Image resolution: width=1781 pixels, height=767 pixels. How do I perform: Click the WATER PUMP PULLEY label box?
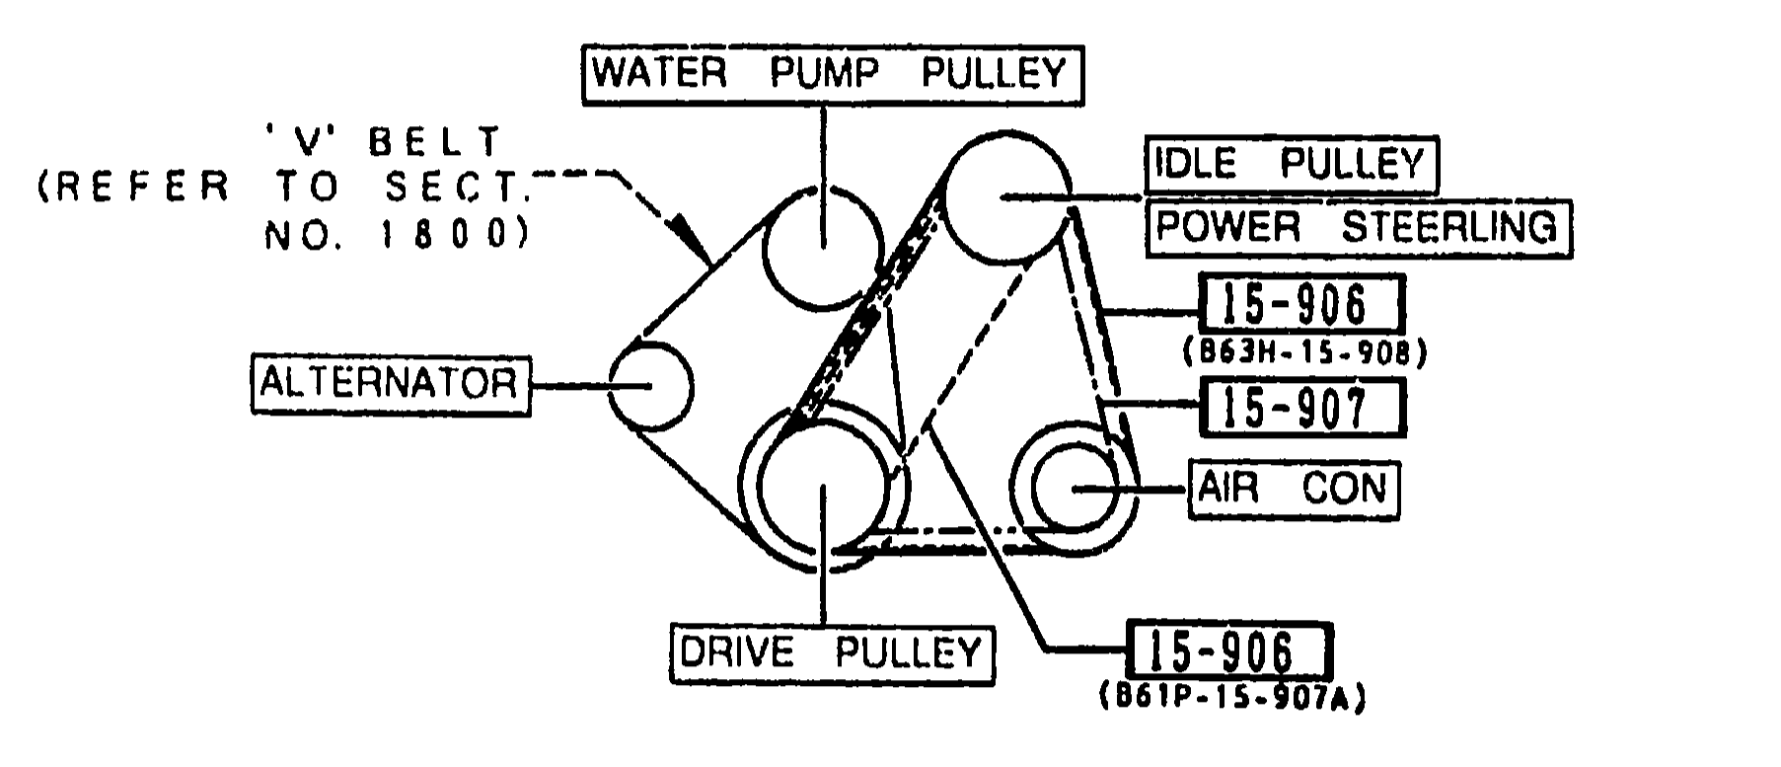click(x=831, y=74)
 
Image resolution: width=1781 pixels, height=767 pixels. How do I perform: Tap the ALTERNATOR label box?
click(x=390, y=383)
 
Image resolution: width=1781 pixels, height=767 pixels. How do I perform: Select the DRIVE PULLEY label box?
click(x=832, y=652)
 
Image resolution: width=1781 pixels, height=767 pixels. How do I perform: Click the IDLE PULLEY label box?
click(x=1291, y=164)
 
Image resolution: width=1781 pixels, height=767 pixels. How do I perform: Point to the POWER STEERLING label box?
click(x=1359, y=228)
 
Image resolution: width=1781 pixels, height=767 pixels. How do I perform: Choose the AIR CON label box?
click(x=1294, y=489)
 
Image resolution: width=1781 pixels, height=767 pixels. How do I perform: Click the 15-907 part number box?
click(x=1301, y=408)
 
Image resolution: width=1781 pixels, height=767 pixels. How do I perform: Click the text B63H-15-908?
click(x=1303, y=352)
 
